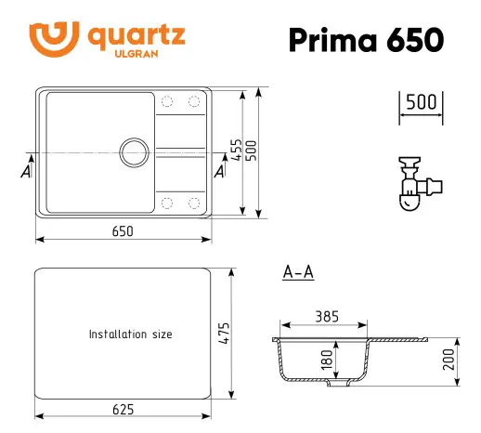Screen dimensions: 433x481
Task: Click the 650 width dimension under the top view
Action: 123,230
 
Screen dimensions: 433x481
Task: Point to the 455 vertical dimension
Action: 238,151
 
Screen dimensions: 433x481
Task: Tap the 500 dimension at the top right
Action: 422,102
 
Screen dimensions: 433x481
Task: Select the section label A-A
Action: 297,272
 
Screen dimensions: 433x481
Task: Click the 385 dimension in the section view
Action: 326,317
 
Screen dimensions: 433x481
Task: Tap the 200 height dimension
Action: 448,360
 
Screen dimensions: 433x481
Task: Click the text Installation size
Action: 130,334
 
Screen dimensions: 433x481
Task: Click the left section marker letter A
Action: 24,171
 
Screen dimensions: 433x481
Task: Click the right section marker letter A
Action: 219,171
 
